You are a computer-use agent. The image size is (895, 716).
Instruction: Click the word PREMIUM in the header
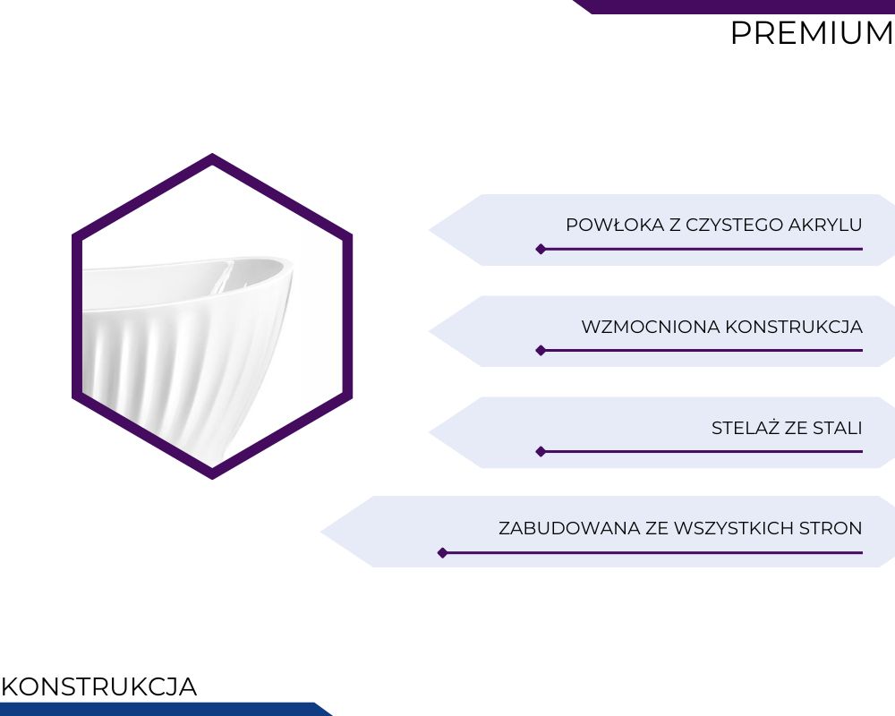tap(813, 33)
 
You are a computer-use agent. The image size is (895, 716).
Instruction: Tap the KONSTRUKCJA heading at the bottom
tap(99, 686)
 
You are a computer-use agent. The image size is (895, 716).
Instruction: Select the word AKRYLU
tap(825, 225)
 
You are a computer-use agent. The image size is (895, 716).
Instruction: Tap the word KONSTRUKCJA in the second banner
tap(794, 328)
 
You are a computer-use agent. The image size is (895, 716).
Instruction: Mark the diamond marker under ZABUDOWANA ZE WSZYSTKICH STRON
tap(442, 553)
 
